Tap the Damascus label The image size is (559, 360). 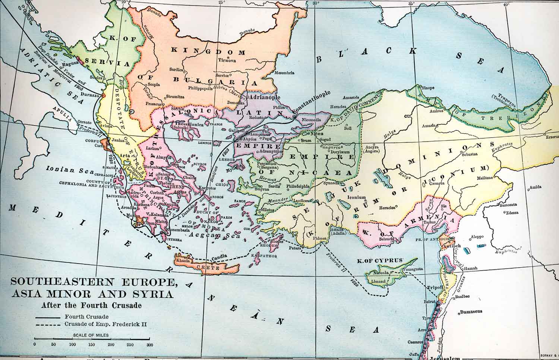[x=471, y=311]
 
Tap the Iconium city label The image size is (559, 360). [x=356, y=198]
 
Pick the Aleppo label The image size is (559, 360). [x=477, y=237]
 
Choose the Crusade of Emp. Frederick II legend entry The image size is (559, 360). [x=105, y=324]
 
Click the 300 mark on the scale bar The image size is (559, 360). [x=149, y=345]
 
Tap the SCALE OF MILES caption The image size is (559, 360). [x=91, y=335]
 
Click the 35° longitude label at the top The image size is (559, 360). [x=411, y=4]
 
